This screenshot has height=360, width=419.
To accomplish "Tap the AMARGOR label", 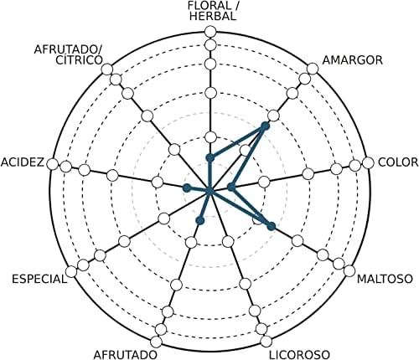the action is pyautogui.click(x=353, y=60).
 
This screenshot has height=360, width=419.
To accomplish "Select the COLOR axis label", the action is pyautogui.click(x=398, y=162).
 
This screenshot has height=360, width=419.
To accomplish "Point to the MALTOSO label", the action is pyautogui.click(x=385, y=279).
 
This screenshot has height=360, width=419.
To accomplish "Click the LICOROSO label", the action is pyautogui.click(x=299, y=355).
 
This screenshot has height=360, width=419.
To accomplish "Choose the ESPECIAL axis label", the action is pyautogui.click(x=39, y=279).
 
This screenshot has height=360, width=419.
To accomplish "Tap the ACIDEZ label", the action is pyautogui.click(x=23, y=162).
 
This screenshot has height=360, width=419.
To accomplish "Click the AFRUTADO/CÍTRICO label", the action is pyautogui.click(x=68, y=55).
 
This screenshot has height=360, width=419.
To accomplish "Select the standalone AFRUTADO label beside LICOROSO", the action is pyautogui.click(x=125, y=355).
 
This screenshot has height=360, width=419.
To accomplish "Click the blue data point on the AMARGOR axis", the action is pyautogui.click(x=265, y=126).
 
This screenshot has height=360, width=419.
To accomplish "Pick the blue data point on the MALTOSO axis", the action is pyautogui.click(x=271, y=226).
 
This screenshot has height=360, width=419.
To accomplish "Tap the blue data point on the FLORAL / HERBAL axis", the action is pyautogui.click(x=210, y=158).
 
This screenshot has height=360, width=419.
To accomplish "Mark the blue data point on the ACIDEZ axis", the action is pyautogui.click(x=186, y=188).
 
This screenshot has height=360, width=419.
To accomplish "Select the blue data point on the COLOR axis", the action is pyautogui.click(x=231, y=188).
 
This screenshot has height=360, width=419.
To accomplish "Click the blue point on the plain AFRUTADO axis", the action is pyautogui.click(x=200, y=221).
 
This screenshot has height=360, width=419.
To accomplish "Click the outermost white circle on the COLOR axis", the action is pyautogui.click(x=368, y=163).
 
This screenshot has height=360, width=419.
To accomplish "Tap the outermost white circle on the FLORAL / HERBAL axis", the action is pyautogui.click(x=210, y=32).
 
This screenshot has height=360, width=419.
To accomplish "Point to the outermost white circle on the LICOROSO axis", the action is pyautogui.click(x=266, y=342).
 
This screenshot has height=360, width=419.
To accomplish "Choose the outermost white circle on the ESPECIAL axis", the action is pyautogui.click(x=71, y=271).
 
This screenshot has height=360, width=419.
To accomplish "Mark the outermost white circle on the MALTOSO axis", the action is pyautogui.click(x=349, y=271).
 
